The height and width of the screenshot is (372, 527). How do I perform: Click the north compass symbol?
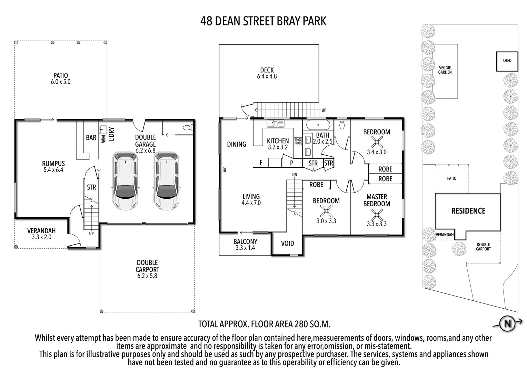click(x=507, y=324)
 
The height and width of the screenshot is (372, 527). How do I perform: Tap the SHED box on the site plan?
click(x=507, y=61)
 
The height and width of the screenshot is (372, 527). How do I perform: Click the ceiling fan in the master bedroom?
click(x=376, y=216)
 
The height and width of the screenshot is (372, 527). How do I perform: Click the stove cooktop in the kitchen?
click(x=298, y=141)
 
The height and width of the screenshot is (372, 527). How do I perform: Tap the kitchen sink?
click(x=275, y=123)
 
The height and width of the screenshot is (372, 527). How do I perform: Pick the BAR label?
click(x=91, y=138)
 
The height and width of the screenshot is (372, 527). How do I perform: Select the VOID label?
click(x=287, y=244)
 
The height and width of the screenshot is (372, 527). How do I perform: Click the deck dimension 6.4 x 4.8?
click(x=267, y=76)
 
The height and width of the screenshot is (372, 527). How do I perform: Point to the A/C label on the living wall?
click(x=224, y=169)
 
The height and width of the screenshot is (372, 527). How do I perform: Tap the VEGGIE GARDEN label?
click(x=445, y=70)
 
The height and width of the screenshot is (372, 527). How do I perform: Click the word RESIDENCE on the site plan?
click(x=468, y=211)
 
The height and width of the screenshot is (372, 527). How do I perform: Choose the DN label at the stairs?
click(x=295, y=175)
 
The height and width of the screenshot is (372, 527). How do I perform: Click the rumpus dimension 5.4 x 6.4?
click(x=53, y=170)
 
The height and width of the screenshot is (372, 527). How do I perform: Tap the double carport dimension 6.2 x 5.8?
click(x=147, y=276)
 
